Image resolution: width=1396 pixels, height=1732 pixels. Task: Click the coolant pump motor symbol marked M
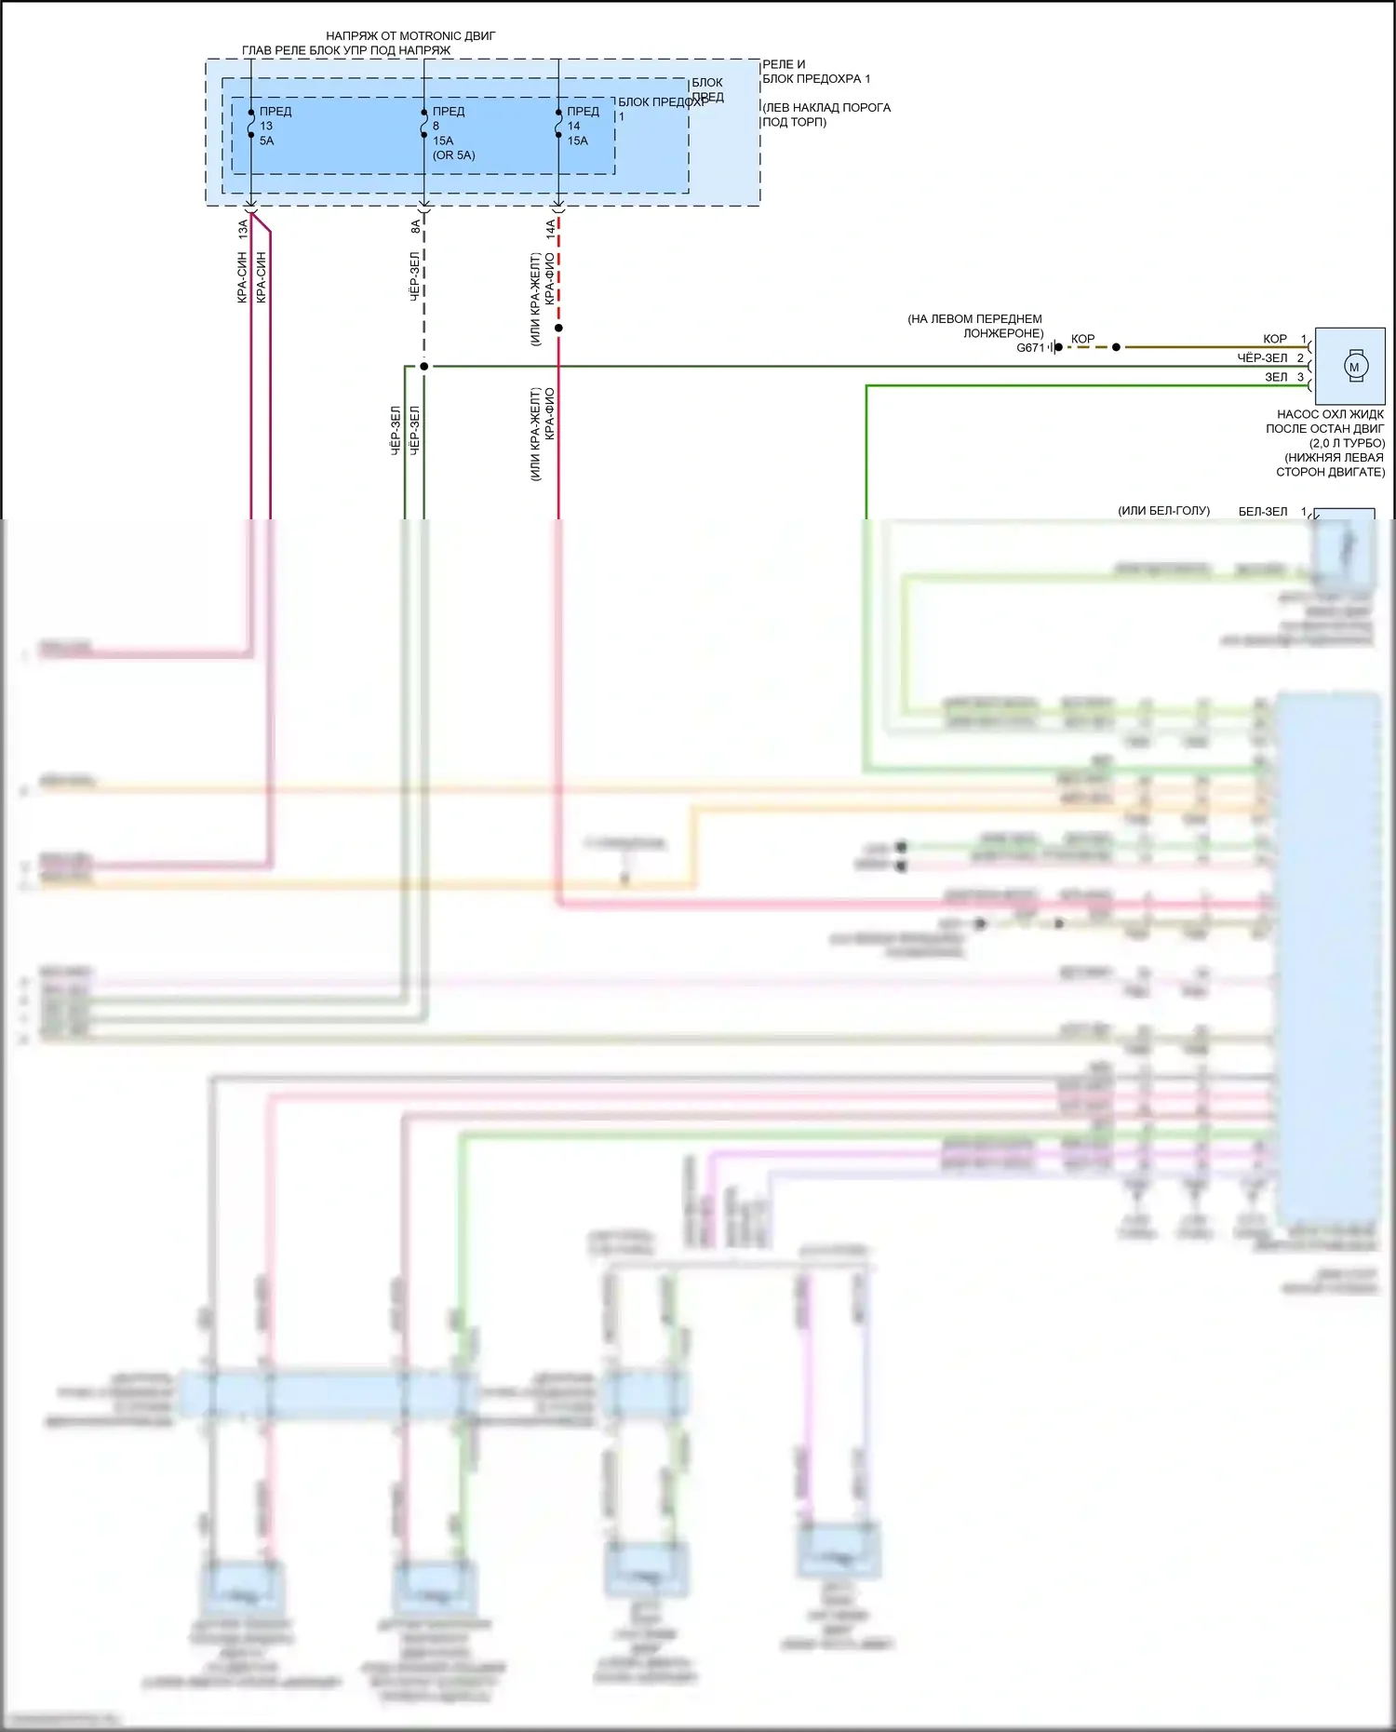coord(1353,367)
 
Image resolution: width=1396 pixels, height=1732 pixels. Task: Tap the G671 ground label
coord(1030,348)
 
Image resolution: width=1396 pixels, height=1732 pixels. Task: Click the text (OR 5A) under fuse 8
coord(453,155)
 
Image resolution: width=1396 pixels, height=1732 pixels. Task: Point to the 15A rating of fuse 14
coord(577,141)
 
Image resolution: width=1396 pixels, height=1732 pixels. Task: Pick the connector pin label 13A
coord(243,225)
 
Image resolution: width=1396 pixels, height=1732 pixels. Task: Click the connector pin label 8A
coord(416,225)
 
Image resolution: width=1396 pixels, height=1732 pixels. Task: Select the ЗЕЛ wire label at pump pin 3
coord(1276,377)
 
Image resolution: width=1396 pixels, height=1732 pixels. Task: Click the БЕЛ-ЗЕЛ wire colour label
coord(1263,511)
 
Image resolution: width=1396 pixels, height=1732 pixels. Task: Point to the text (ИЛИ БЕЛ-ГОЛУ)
coord(1163,511)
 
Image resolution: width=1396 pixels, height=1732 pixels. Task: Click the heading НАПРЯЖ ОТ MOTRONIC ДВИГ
coord(410,36)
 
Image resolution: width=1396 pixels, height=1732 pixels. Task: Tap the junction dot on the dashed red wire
coord(558,328)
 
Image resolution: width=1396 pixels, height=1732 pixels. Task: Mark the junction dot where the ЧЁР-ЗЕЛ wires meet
coord(423,367)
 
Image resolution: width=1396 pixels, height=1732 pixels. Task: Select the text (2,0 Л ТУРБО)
coord(1347,443)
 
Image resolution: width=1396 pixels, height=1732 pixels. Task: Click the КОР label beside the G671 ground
coord(1082,339)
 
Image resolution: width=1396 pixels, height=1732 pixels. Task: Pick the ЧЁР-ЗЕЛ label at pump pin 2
coord(1262,358)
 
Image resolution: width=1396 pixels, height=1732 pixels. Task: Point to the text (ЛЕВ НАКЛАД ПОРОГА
coord(826,108)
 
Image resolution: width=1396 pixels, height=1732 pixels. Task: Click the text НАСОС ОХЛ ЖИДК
coord(1330,414)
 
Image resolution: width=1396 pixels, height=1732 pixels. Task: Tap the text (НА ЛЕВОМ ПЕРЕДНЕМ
coord(974,319)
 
